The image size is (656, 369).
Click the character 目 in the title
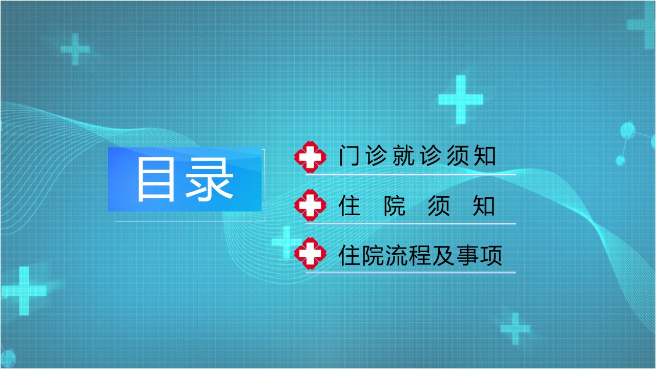point(156,179)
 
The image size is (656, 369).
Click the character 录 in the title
point(209,179)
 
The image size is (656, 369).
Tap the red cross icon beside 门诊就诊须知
point(310,157)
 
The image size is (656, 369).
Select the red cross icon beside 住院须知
point(310,205)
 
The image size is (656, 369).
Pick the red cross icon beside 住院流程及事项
point(310,253)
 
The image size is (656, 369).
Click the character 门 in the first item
point(349,155)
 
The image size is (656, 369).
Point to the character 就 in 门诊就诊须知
point(403,155)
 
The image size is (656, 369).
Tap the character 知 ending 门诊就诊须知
point(485,155)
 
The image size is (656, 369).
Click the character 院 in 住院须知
point(395,206)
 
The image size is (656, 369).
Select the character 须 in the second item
point(439,206)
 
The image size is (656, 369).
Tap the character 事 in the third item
point(467,255)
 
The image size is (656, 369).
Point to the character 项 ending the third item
point(491,255)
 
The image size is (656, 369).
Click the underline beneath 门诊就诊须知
point(411,175)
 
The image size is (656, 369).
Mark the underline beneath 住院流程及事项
point(411,272)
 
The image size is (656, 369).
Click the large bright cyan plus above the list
point(461,99)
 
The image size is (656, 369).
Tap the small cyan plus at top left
point(75,49)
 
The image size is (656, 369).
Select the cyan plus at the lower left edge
point(24,291)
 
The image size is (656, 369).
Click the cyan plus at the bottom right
point(516,329)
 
